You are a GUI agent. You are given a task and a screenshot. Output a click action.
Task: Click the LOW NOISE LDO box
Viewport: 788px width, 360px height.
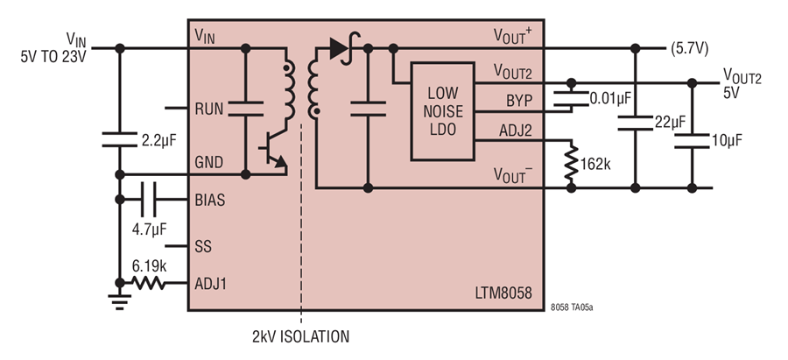[443, 111]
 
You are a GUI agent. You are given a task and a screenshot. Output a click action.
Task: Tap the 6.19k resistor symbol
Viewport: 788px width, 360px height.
[149, 283]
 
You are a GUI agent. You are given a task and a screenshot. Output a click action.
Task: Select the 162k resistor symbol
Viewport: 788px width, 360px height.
[572, 163]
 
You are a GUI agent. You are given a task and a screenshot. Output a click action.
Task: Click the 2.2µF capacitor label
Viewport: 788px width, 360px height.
[158, 140]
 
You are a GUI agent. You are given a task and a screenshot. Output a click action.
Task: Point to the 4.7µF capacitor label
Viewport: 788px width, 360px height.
[149, 229]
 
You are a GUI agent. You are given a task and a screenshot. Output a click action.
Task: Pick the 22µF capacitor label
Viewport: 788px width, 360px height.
[670, 122]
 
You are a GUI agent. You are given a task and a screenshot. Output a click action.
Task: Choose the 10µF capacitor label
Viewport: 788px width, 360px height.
[726, 140]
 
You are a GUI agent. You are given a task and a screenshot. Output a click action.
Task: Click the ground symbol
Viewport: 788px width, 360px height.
[120, 300]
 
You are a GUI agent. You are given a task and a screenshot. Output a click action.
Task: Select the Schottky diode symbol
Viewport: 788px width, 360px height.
[344, 48]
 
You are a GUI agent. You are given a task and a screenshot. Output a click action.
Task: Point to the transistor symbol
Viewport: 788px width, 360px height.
[274, 148]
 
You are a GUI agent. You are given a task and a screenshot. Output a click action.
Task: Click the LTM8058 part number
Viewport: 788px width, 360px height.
[503, 293]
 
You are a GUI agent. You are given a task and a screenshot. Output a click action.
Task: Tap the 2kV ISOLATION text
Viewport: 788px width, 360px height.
[300, 336]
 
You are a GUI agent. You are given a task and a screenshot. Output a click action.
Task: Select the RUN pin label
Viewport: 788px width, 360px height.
[209, 109]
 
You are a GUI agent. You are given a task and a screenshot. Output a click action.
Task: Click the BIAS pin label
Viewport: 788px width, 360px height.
[210, 200]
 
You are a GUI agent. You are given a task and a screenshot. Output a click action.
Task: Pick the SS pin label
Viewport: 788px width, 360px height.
[203, 247]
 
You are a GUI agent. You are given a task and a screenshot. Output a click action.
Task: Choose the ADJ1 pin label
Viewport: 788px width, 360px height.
[211, 284]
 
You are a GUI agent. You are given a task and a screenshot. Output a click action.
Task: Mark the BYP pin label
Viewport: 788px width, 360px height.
[519, 101]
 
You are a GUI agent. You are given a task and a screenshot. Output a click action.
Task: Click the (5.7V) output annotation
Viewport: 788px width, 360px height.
[690, 49]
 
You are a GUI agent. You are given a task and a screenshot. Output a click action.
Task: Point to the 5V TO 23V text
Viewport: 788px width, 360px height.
[53, 57]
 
